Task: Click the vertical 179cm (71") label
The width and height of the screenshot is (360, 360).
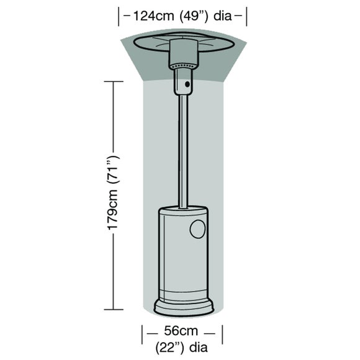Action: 114,194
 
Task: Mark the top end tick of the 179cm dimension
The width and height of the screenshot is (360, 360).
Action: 114,81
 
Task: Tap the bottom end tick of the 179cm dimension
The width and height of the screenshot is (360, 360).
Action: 114,308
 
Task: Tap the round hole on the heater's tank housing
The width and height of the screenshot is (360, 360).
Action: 198,230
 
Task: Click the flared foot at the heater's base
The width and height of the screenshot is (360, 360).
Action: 184,306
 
